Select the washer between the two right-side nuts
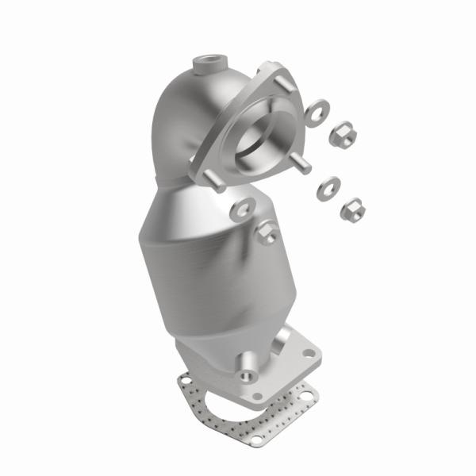click(x=326, y=189)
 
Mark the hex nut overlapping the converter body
click(x=267, y=233)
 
